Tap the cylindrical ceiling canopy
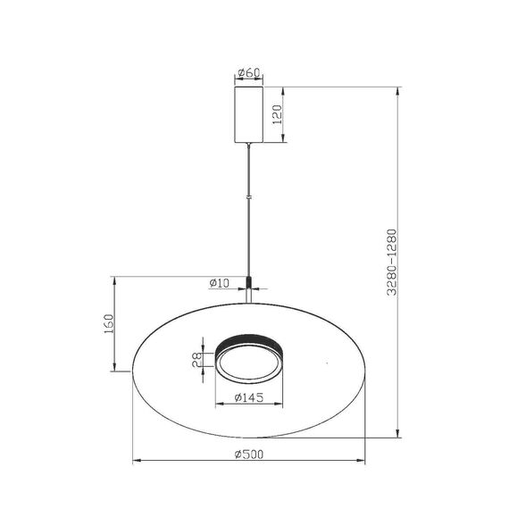(x=248, y=113)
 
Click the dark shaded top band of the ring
(x=249, y=340)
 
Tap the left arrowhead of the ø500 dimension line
(x=136, y=462)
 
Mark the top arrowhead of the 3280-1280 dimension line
(x=399, y=89)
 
